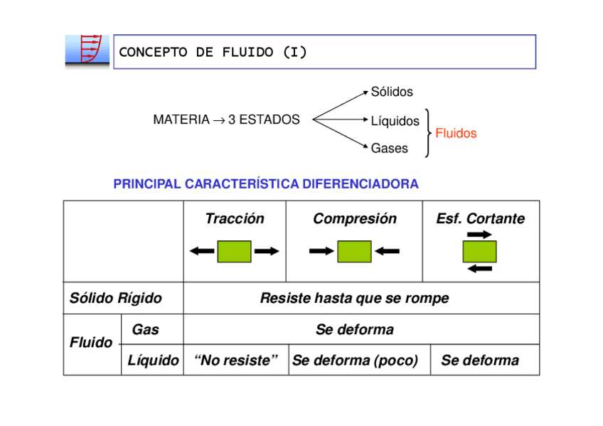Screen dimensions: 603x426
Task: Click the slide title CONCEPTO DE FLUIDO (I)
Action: click(x=213, y=52)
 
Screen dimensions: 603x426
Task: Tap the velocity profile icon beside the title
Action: click(x=87, y=52)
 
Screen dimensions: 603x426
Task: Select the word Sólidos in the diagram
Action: click(x=392, y=92)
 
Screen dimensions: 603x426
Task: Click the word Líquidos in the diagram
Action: click(x=395, y=121)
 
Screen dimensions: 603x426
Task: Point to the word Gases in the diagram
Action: click(x=389, y=148)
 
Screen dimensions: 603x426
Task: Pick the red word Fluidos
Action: click(x=456, y=134)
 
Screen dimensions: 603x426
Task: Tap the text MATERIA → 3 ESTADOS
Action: click(x=226, y=119)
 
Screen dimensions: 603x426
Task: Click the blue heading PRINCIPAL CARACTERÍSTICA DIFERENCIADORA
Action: click(x=266, y=183)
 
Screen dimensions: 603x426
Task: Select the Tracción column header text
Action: click(x=235, y=218)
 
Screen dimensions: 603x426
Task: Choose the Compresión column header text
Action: click(x=355, y=218)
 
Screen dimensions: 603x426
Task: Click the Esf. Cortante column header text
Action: click(x=480, y=218)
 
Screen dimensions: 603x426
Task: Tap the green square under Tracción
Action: click(x=234, y=252)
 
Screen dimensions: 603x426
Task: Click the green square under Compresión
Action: click(x=354, y=252)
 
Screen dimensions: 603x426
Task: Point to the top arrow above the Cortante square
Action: click(x=479, y=234)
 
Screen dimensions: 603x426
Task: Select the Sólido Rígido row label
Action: click(x=115, y=298)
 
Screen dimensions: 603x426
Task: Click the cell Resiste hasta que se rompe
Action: click(x=355, y=298)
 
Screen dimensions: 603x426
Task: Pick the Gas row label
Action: click(x=145, y=329)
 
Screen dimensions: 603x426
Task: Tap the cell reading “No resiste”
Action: click(x=236, y=361)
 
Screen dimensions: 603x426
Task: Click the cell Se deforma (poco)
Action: click(x=355, y=361)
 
